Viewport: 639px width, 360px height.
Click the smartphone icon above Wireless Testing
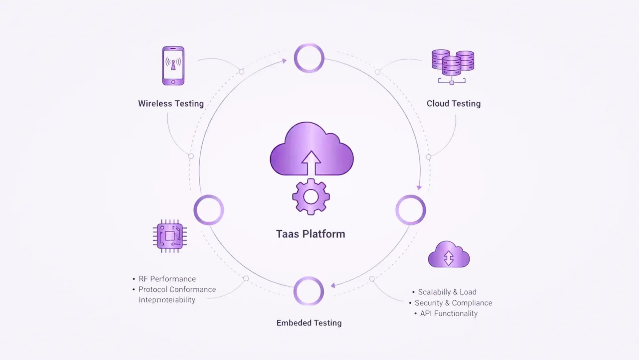coord(173,66)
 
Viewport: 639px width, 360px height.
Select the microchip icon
coord(170,236)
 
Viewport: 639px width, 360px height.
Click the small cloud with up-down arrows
coord(449,255)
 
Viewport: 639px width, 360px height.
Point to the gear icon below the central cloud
coord(311,197)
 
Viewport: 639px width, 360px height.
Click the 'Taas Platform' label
coord(311,234)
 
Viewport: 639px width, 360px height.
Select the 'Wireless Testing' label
coord(171,104)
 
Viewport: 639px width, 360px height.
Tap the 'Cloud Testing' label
coord(454,104)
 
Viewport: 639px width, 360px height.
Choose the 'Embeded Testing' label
coord(309,323)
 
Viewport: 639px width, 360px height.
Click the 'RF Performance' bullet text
coord(167,279)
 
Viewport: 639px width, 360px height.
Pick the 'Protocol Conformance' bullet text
coord(177,289)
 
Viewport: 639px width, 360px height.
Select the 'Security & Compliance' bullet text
coord(453,303)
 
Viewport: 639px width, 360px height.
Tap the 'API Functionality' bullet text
coord(449,313)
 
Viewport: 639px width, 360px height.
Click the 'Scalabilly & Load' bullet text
coord(447,292)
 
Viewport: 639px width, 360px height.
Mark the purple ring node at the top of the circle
coord(309,58)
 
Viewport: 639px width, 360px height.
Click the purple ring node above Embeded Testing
coord(309,291)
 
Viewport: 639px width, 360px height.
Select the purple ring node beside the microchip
coord(209,210)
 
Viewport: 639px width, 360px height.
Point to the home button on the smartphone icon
coord(173,82)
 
